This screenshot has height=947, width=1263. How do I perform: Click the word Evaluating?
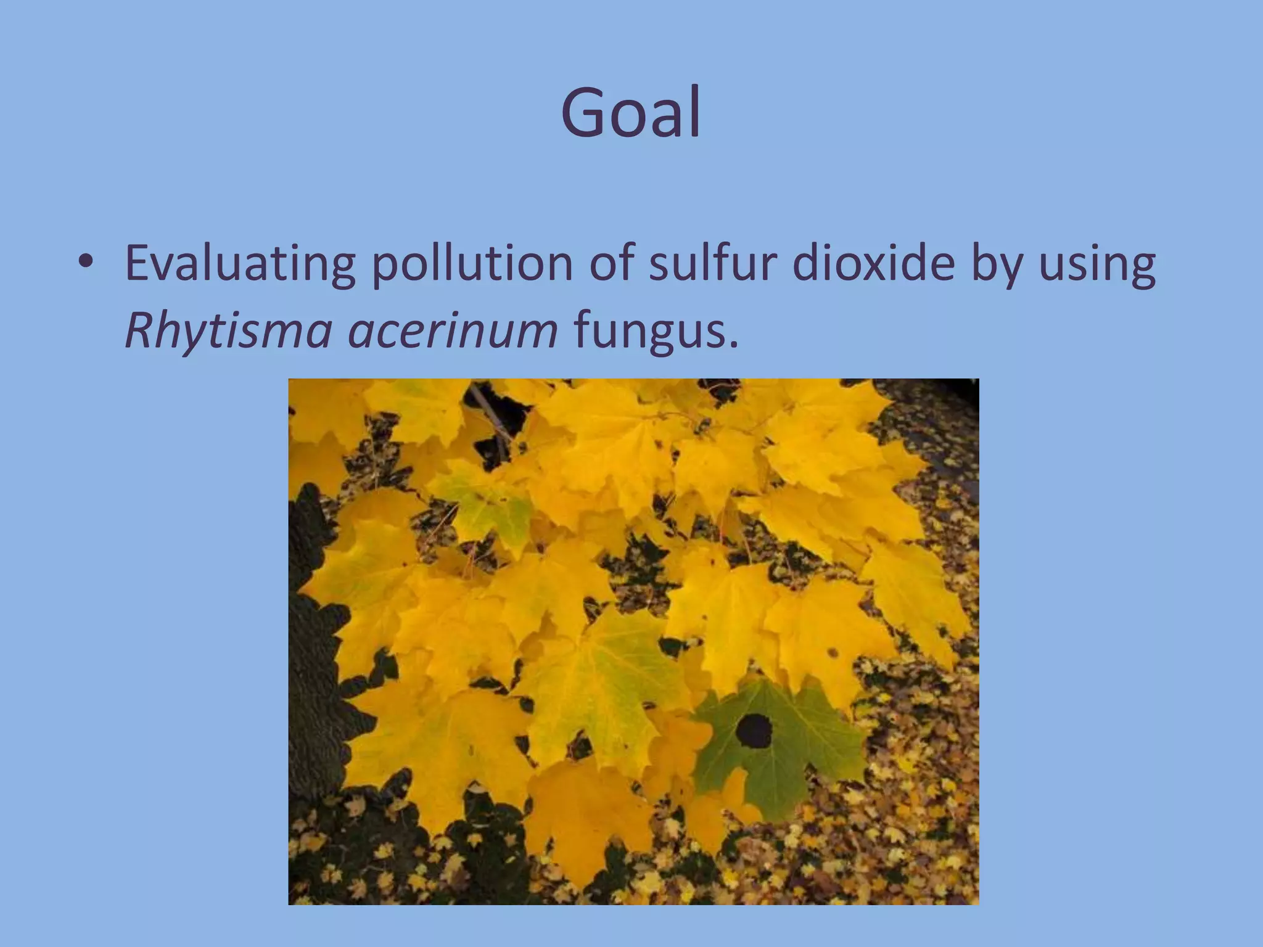pyautogui.click(x=239, y=264)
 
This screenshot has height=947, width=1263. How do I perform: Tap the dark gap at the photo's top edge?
pyautogui.click(x=500, y=401)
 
